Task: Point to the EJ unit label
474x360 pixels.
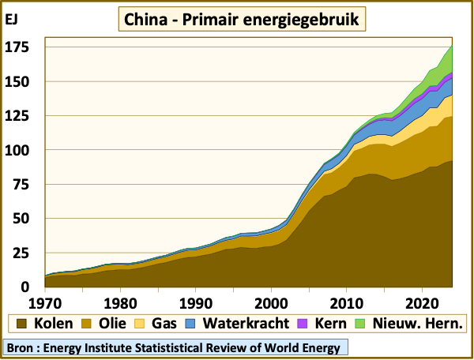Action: (x=13, y=20)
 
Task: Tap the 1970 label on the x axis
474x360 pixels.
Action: (x=44, y=302)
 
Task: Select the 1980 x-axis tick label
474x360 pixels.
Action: (x=119, y=302)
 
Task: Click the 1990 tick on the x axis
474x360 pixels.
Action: (x=195, y=302)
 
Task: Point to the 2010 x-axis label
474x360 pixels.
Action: (x=346, y=302)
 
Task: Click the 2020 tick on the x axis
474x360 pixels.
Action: (x=422, y=302)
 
